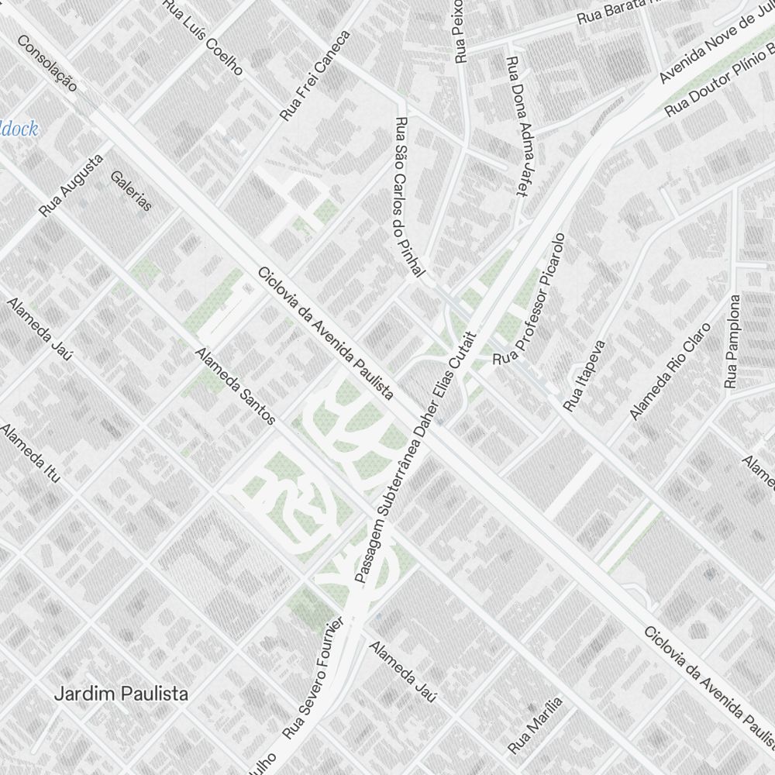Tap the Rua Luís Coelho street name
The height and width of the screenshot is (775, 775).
click(x=203, y=37)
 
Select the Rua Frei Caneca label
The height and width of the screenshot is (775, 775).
click(x=315, y=75)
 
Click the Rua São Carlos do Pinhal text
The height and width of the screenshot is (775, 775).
click(x=410, y=198)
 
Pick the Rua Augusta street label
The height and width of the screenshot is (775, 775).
click(x=71, y=185)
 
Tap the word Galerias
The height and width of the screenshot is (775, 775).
click(x=132, y=191)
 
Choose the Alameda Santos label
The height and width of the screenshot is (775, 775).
click(x=236, y=386)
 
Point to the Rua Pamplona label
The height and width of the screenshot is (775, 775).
click(x=732, y=341)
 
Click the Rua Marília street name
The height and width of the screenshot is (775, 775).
click(x=535, y=725)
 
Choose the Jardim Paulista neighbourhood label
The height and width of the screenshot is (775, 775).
click(x=121, y=694)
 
